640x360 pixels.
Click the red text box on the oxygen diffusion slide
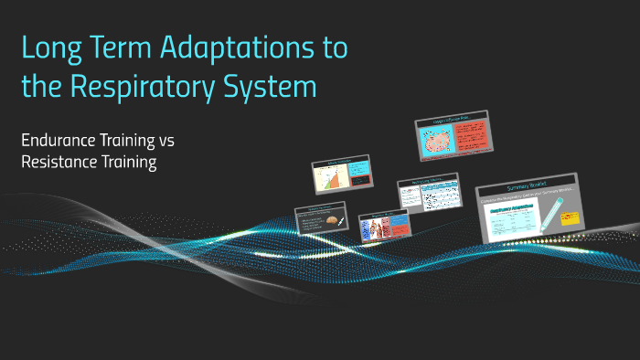tap(471, 136)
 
